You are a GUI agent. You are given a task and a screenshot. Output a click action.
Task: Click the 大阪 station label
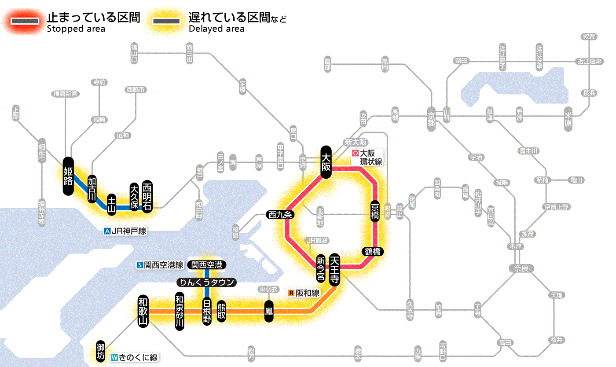point(326,162)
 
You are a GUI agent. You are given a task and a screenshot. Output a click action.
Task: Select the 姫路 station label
point(68,176)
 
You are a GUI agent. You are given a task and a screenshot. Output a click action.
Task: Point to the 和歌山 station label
point(143,310)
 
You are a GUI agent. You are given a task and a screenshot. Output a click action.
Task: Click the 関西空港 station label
point(207,265)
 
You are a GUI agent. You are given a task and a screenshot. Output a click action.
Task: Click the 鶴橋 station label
point(372,252)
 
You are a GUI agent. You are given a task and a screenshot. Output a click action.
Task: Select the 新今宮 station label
point(321,268)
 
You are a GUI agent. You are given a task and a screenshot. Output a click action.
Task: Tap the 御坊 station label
point(101,351)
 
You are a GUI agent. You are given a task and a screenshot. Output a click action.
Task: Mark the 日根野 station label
point(207,311)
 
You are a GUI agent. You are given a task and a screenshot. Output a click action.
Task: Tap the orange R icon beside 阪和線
point(291,293)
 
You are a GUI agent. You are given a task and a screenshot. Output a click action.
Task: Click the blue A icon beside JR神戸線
point(107,231)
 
